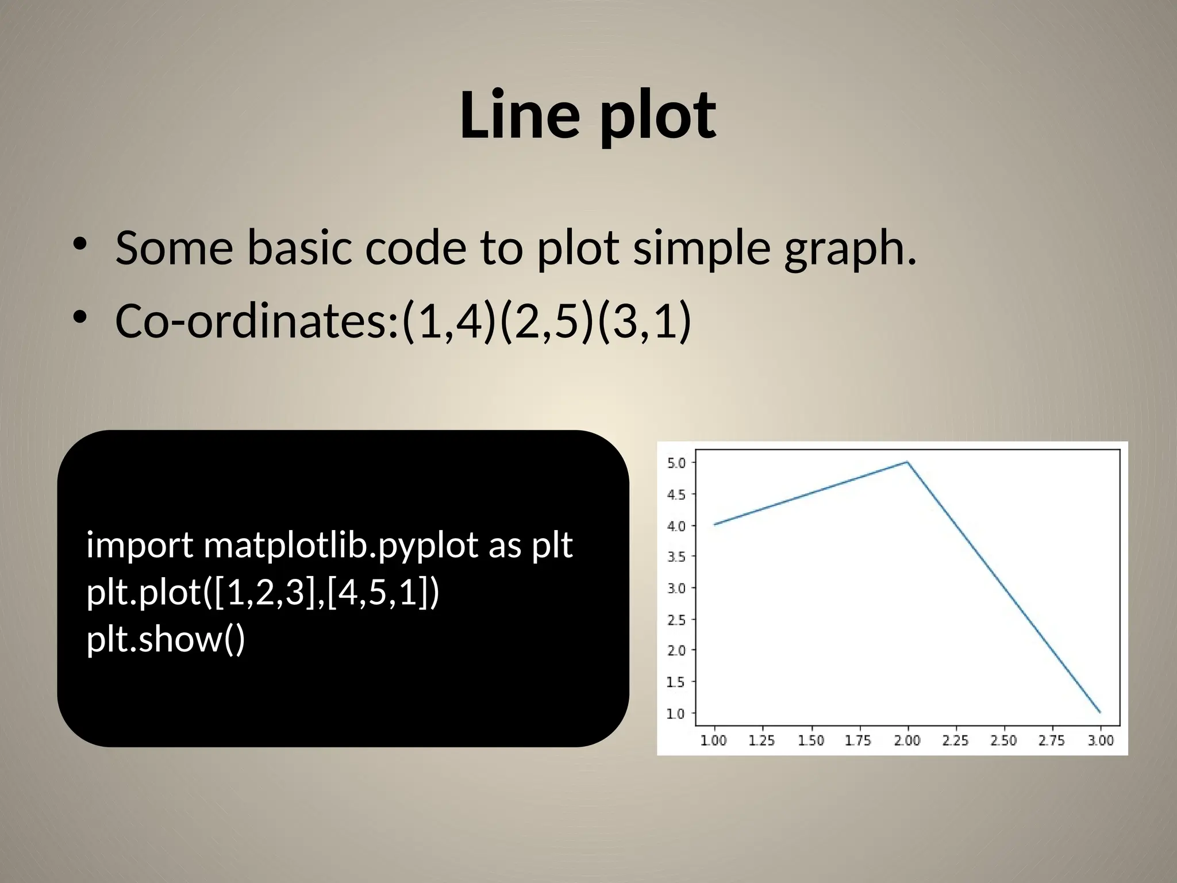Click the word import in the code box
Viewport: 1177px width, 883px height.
point(140,545)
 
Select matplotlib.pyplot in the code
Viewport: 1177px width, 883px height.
point(341,545)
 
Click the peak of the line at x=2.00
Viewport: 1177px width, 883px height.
point(907,462)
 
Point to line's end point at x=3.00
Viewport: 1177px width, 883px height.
point(1100,713)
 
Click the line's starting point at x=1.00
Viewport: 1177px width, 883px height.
point(714,524)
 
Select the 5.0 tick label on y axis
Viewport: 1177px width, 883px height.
point(676,463)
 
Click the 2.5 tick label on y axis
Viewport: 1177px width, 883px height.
point(676,620)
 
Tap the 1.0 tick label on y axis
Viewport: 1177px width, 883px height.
point(676,713)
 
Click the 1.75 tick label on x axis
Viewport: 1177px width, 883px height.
point(858,740)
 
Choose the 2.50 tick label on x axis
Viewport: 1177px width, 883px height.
point(1003,740)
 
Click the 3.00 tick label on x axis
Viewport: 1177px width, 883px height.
point(1101,740)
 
